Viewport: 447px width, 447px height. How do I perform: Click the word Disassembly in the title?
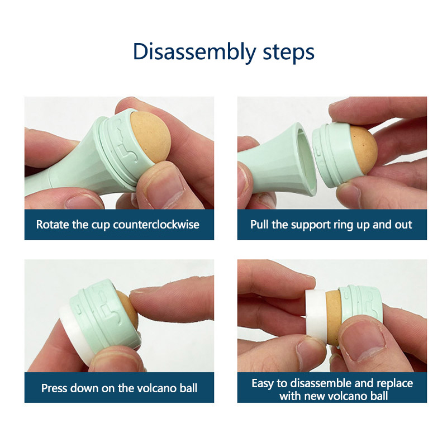pyautogui.click(x=194, y=52)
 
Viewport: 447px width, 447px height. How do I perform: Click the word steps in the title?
pyautogui.click(x=288, y=52)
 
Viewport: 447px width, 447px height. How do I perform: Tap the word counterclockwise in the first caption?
pyautogui.click(x=156, y=225)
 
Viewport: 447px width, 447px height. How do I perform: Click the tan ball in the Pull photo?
pyautogui.click(x=364, y=150)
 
